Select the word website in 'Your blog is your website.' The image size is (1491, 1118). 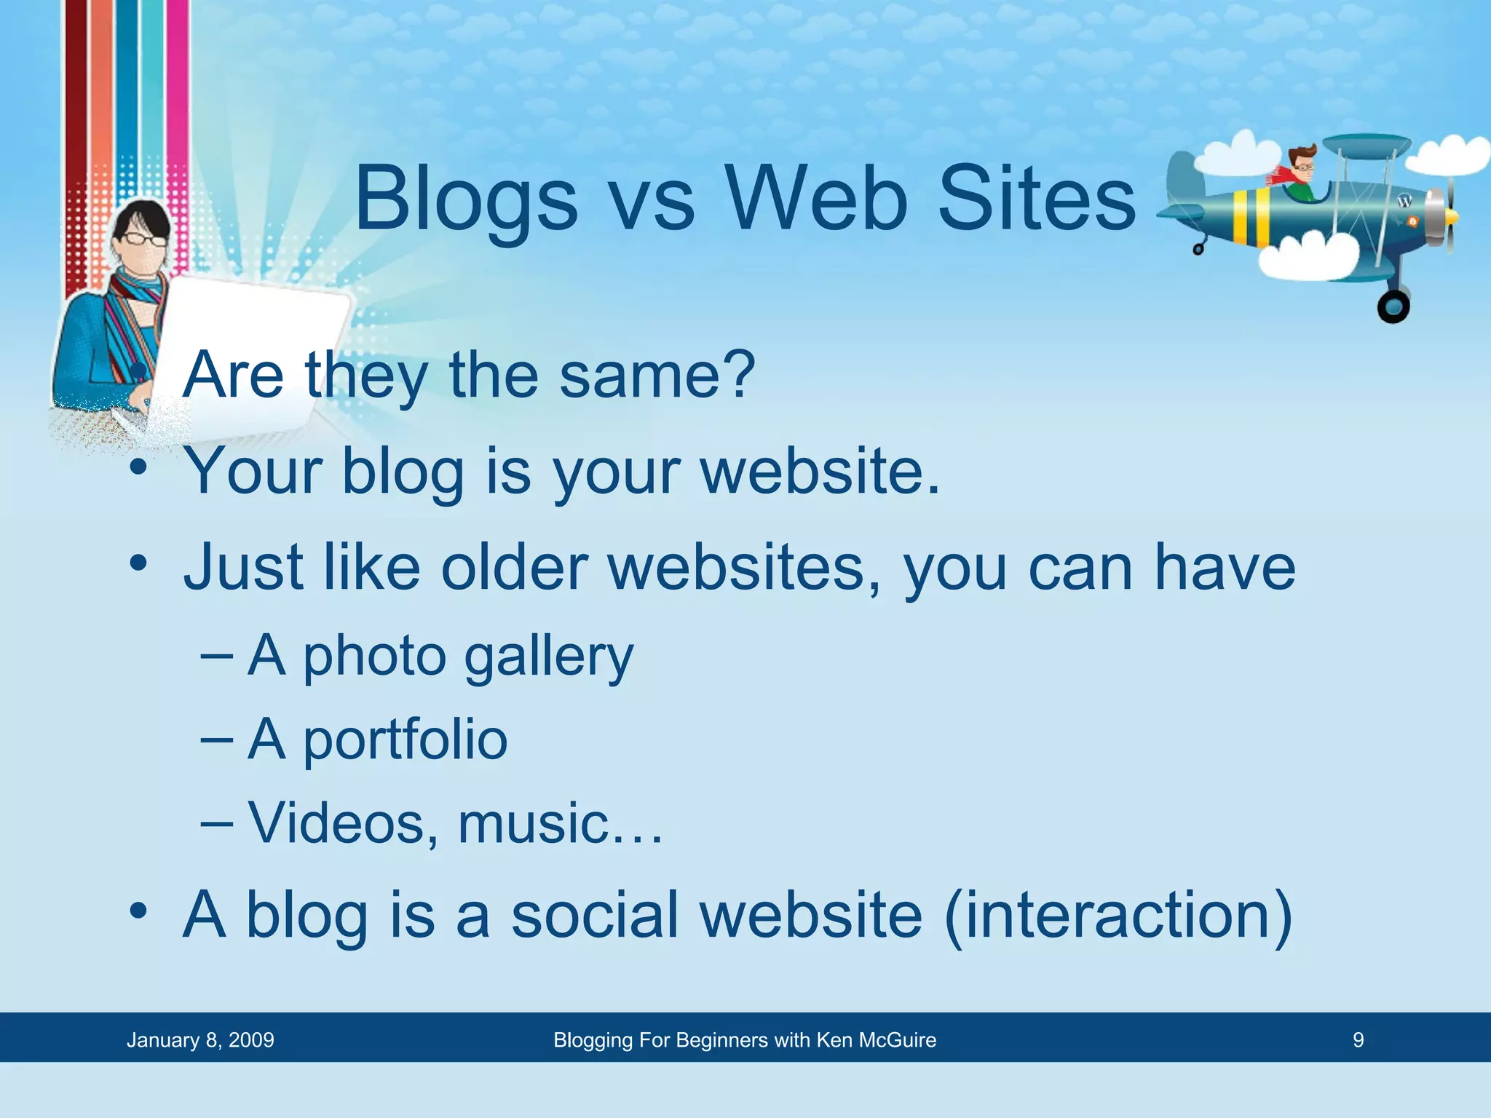[819, 472]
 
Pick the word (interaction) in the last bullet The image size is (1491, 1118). [1118, 916]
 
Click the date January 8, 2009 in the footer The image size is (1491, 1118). [200, 1040]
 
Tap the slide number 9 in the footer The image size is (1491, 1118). [1358, 1040]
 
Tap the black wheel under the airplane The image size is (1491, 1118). [1393, 306]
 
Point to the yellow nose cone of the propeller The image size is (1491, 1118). [1451, 217]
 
